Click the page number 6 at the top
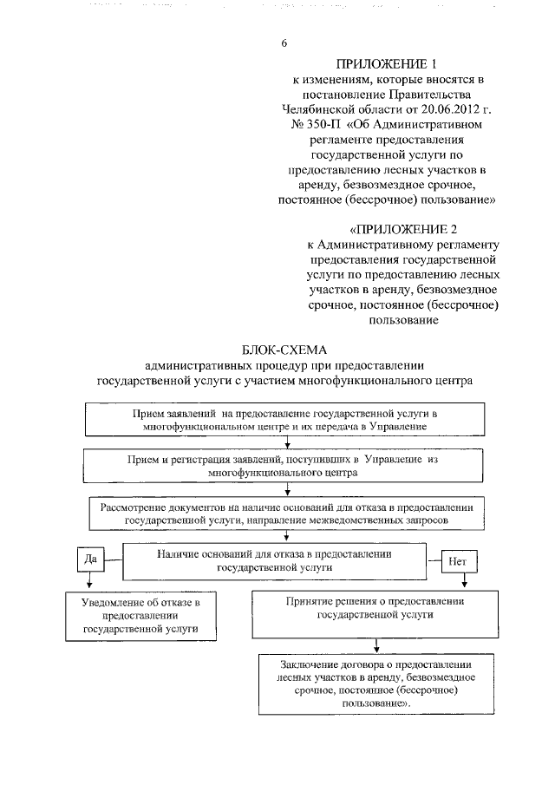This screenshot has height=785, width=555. [x=284, y=43]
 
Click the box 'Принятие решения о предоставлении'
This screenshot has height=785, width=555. [x=376, y=608]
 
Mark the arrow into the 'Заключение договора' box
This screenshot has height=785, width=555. [x=375, y=646]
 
